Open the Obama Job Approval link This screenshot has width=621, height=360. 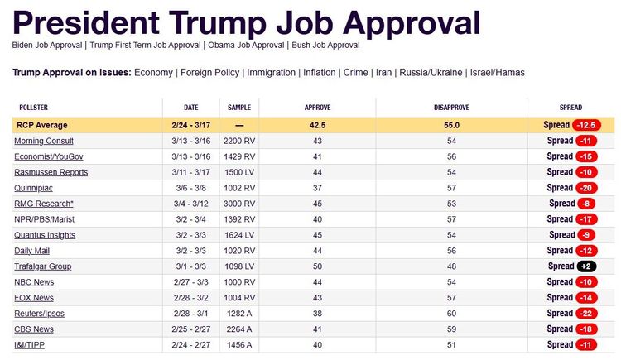pos(246,45)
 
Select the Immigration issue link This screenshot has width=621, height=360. pos(269,73)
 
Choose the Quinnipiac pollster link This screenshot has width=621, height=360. pos(36,188)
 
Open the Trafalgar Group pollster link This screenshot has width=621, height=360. pos(43,266)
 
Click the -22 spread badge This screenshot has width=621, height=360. pos(585,314)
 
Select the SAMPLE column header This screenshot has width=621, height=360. pos(239,108)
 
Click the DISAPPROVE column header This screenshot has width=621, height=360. pos(451,108)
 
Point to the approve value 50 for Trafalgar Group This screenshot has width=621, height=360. pos(318,266)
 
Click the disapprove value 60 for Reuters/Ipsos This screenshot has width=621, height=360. pos(451,314)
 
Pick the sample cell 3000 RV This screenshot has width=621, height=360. pos(239,204)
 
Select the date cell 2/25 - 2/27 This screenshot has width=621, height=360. pos(191,329)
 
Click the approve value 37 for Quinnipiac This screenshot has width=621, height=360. pos(318,188)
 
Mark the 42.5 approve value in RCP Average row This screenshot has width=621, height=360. pos(318,125)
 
